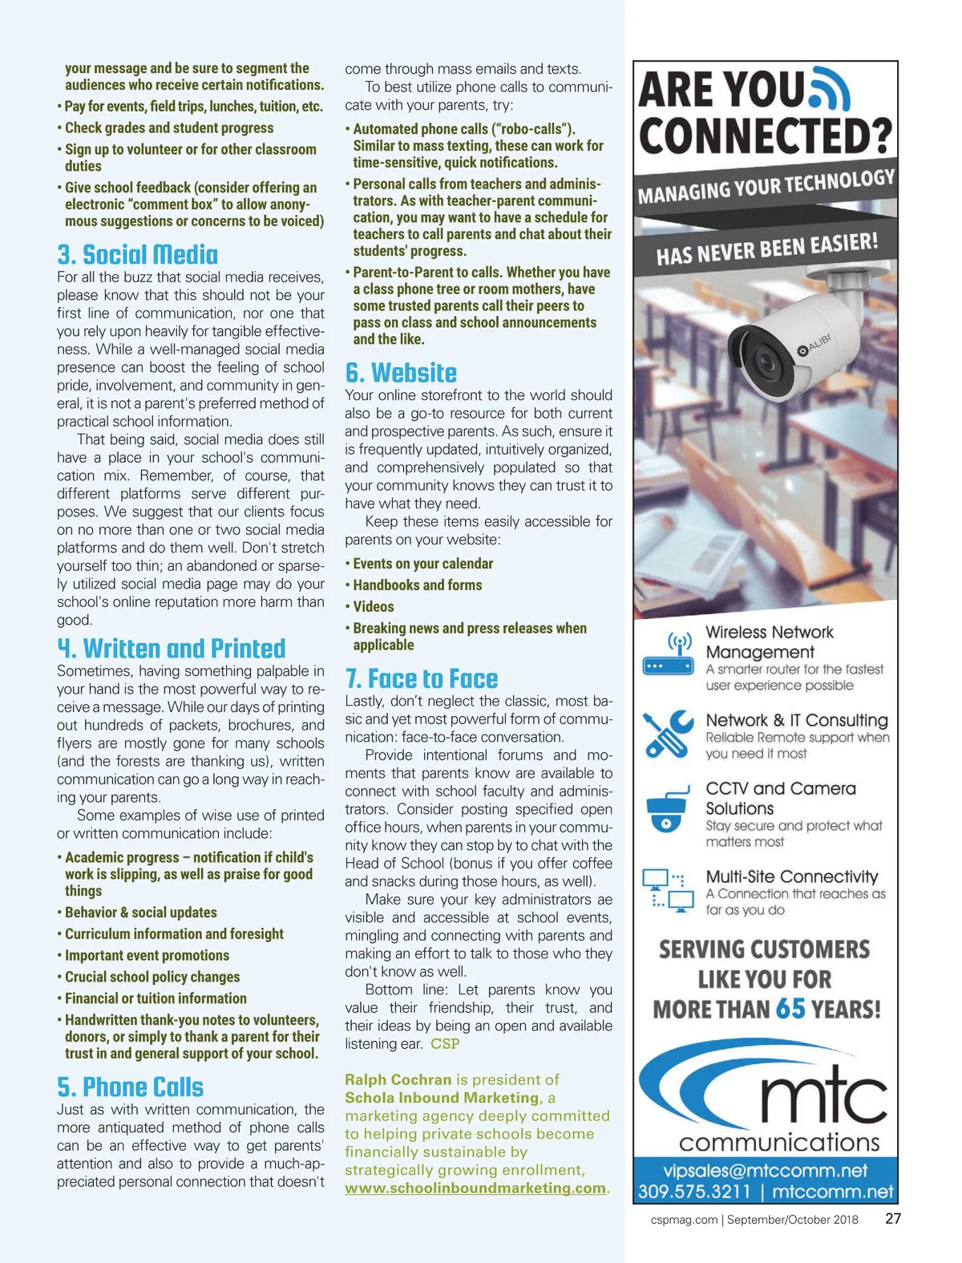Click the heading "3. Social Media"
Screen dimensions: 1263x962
[137, 255]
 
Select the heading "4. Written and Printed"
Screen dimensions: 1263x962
[171, 648]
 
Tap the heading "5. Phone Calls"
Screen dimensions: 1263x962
[130, 1087]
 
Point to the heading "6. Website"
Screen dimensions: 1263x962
[401, 373]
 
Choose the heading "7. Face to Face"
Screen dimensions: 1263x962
[422, 678]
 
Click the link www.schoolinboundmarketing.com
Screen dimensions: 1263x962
[475, 1188]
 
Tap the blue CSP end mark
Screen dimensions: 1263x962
[445, 1044]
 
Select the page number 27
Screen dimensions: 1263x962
[893, 1219]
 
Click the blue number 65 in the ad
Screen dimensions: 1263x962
[790, 1008]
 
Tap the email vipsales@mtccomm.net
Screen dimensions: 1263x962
[765, 1171]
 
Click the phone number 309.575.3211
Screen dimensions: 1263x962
[694, 1192]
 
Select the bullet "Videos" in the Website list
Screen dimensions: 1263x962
[374, 607]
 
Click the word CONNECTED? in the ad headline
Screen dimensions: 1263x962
[765, 136]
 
